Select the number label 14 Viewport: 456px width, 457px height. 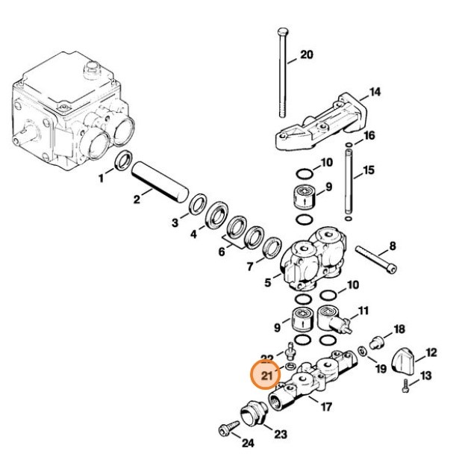point(375,92)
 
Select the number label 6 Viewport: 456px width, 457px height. point(221,252)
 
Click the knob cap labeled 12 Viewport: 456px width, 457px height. point(410,362)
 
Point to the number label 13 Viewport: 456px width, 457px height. point(426,376)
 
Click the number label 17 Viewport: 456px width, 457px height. point(325,407)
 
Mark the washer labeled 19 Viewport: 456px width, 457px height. point(361,351)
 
